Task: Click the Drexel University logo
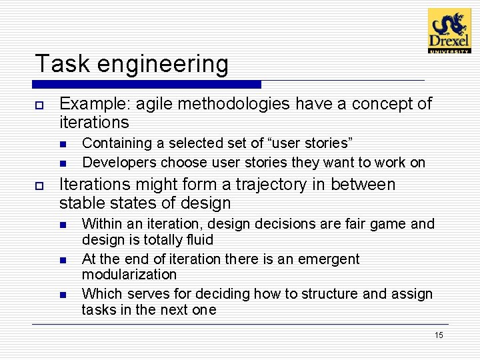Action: tap(449, 31)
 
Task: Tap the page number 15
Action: tap(438, 335)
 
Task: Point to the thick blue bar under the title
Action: tap(147, 85)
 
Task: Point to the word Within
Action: tap(101, 223)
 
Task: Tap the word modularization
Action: tap(129, 275)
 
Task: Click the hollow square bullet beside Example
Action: tap(40, 104)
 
